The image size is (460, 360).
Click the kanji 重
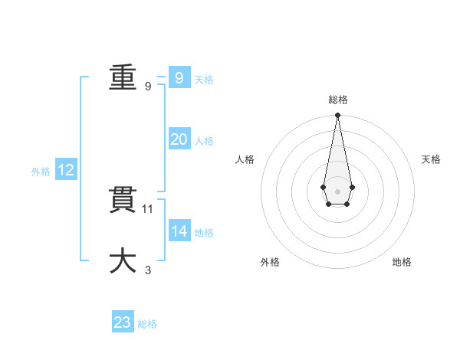click(x=123, y=77)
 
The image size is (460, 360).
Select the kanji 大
click(x=123, y=260)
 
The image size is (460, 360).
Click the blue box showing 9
click(x=179, y=77)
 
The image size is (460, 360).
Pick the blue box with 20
click(x=179, y=139)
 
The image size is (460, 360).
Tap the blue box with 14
click(x=179, y=231)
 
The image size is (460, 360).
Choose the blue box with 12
click(x=66, y=171)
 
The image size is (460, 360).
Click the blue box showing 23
click(x=123, y=322)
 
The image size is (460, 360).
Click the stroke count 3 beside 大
click(x=148, y=270)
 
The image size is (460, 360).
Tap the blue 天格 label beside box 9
click(x=204, y=80)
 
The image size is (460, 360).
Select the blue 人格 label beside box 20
click(x=204, y=141)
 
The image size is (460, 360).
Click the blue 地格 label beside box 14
click(x=204, y=233)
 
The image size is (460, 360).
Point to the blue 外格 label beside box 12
click(x=41, y=172)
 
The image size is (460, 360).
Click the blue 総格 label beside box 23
click(x=147, y=324)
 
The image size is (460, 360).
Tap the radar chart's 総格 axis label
click(x=338, y=100)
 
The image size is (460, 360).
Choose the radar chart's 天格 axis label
click(x=431, y=159)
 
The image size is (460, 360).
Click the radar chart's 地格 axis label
click(x=402, y=262)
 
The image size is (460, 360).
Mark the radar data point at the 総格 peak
click(x=337, y=116)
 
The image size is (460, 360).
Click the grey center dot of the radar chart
click(x=337, y=191)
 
